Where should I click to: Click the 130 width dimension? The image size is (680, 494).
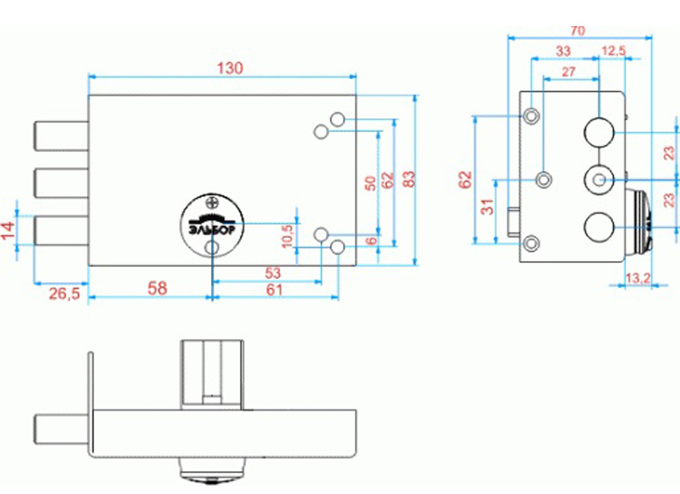tap(231, 69)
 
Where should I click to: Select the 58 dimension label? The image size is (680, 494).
tap(157, 288)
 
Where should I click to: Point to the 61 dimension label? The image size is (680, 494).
tap(274, 290)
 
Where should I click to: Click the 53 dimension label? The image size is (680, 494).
tap(273, 273)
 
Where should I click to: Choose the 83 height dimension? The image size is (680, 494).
tap(409, 179)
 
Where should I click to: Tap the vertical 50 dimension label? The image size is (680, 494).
tap(369, 183)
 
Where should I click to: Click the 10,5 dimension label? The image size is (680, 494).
tap(288, 235)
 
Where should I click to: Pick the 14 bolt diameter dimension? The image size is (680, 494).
tap(8, 231)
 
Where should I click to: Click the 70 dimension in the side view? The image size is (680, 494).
tap(577, 31)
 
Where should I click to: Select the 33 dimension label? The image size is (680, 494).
tap(563, 51)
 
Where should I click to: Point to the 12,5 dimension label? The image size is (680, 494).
tap(613, 51)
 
